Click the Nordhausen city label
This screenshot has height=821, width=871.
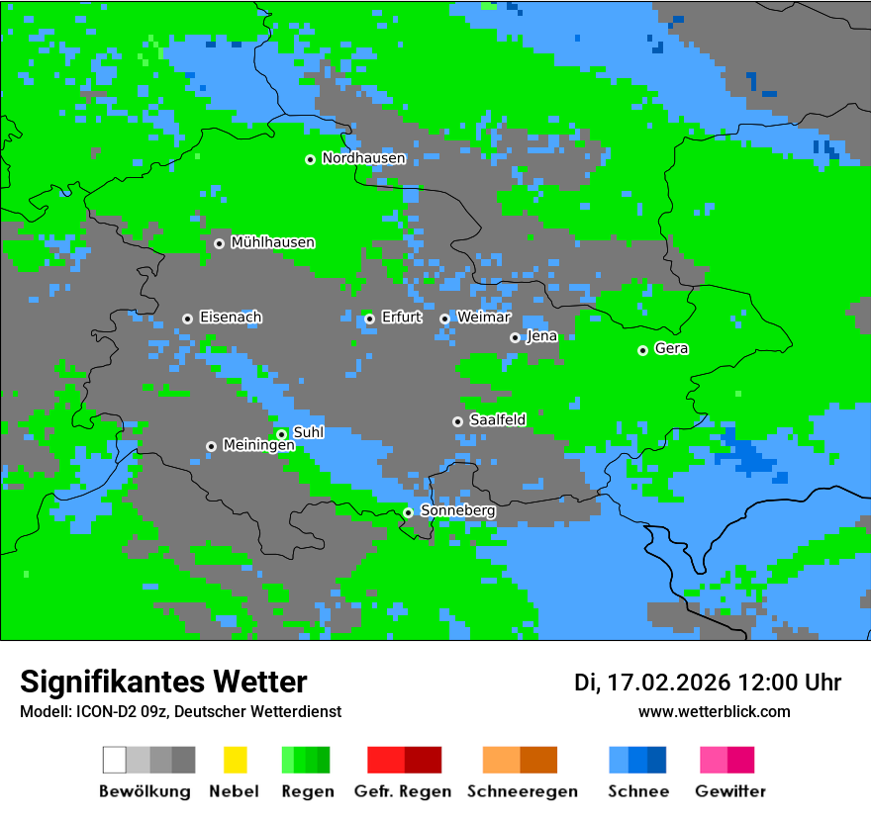363,158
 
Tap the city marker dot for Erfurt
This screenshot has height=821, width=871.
369,319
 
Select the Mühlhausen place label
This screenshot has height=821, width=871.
272,242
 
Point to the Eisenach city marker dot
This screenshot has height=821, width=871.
187,319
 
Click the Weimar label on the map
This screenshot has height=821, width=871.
483,318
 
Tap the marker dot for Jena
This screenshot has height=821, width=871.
515,337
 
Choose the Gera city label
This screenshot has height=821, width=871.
671,349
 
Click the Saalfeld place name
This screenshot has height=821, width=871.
497,420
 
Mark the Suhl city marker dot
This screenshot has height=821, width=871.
281,434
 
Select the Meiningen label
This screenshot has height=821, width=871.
258,445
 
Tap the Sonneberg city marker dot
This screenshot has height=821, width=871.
408,512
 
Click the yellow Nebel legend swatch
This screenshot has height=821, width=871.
235,760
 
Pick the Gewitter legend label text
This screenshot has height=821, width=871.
729,791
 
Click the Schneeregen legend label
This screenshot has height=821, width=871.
522,791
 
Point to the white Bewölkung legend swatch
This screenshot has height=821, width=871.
115,760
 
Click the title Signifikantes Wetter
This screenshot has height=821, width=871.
163,682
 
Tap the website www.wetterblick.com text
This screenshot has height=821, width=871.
714,711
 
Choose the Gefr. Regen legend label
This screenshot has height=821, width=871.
402,791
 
